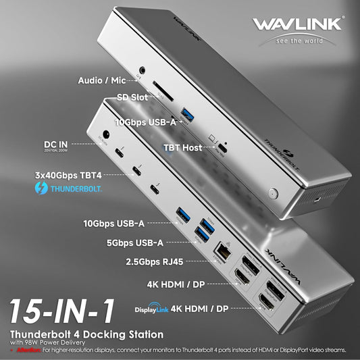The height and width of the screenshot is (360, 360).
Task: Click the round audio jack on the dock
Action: (x=143, y=70)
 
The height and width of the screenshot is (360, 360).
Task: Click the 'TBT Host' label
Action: (x=183, y=147)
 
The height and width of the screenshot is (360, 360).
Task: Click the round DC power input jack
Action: (x=105, y=135)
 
